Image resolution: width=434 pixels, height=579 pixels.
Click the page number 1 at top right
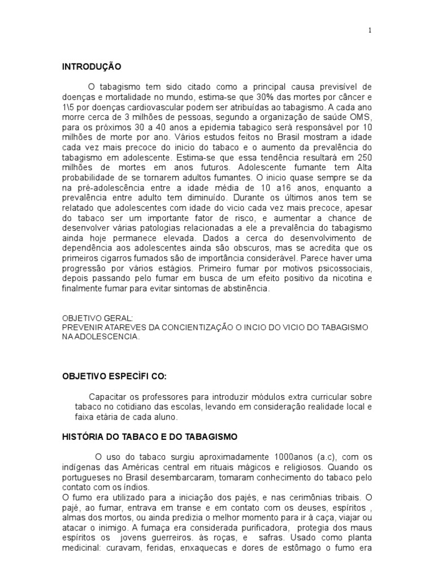coord(370,31)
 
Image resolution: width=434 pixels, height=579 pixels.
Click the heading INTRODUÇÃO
coord(92,66)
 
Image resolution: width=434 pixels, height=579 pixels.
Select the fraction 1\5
coord(68,106)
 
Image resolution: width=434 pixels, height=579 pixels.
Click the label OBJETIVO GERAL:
coord(97,318)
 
